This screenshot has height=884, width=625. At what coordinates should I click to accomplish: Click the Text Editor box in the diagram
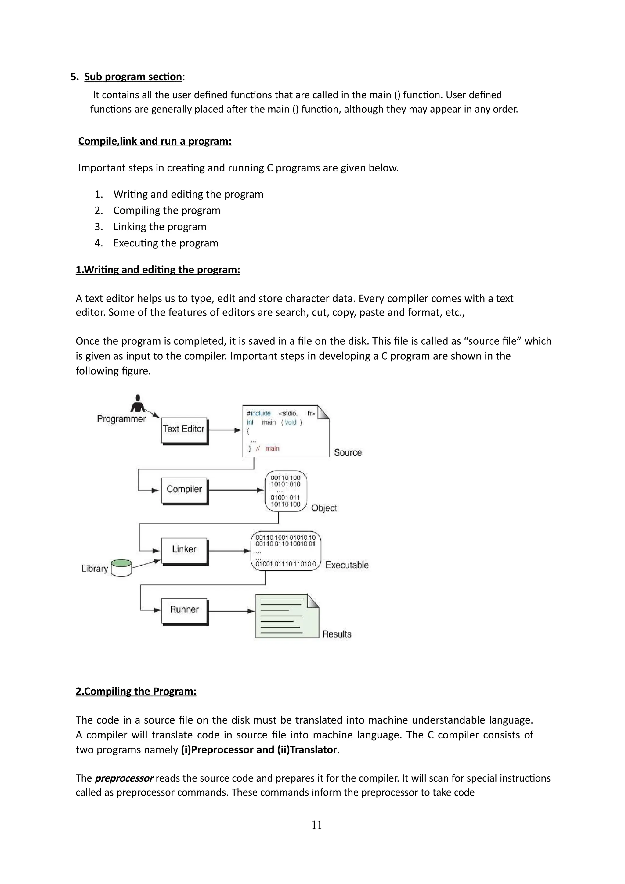click(x=184, y=430)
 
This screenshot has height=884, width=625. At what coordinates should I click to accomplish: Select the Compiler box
click(x=184, y=490)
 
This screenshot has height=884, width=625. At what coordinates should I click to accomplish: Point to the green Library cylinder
click(x=121, y=567)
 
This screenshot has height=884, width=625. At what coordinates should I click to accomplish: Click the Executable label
click(x=347, y=565)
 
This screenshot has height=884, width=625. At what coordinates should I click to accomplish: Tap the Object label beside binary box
click(x=324, y=508)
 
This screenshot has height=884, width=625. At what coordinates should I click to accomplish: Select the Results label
click(x=337, y=634)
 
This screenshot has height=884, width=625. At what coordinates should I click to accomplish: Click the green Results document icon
click(x=287, y=616)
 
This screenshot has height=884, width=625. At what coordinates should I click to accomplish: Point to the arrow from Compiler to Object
click(x=236, y=490)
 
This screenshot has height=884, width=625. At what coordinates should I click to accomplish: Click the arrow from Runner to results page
click(x=231, y=611)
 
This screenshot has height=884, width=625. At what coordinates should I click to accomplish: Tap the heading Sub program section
click(x=133, y=77)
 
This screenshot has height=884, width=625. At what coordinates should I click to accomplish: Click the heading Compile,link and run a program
click(x=155, y=141)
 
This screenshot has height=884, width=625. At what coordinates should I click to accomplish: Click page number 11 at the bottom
click(x=316, y=825)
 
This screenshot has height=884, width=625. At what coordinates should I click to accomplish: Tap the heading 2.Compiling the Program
click(x=136, y=692)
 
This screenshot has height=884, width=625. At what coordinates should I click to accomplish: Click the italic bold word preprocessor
click(x=124, y=778)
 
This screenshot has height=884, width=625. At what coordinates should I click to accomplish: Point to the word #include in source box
click(x=259, y=414)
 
